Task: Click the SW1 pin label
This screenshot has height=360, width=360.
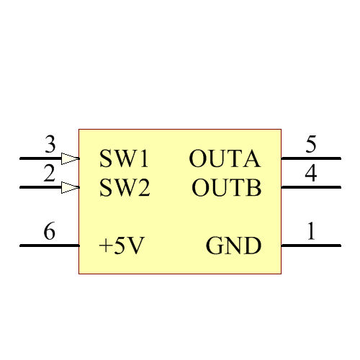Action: coord(123,158)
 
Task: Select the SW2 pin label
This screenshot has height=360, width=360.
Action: coord(124,189)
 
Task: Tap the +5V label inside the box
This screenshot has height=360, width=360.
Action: coord(122,246)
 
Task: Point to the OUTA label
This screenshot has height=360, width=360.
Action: coord(225,158)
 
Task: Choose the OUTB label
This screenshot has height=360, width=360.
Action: coord(226,189)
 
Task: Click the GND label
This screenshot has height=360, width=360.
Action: coord(233,246)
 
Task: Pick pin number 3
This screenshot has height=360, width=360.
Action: coord(50,145)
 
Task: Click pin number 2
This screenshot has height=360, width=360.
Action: coord(49,174)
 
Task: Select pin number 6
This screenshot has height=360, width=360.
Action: coord(49,232)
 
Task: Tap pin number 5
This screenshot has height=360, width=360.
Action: coord(310,145)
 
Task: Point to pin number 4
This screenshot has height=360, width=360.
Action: coord(310,174)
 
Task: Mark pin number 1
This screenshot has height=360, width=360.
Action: coord(310,232)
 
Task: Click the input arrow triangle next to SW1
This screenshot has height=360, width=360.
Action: coord(70,158)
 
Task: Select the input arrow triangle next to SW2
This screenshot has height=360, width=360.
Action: coord(70,188)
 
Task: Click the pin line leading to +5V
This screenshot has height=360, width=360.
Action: coord(49,246)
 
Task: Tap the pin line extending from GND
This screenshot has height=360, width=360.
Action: coord(310,246)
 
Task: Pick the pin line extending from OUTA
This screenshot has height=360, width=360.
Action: coord(310,158)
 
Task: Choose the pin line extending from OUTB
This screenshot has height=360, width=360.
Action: coord(310,188)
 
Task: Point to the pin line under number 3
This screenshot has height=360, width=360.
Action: coord(40,158)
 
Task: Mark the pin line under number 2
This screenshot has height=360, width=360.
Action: coord(40,188)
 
